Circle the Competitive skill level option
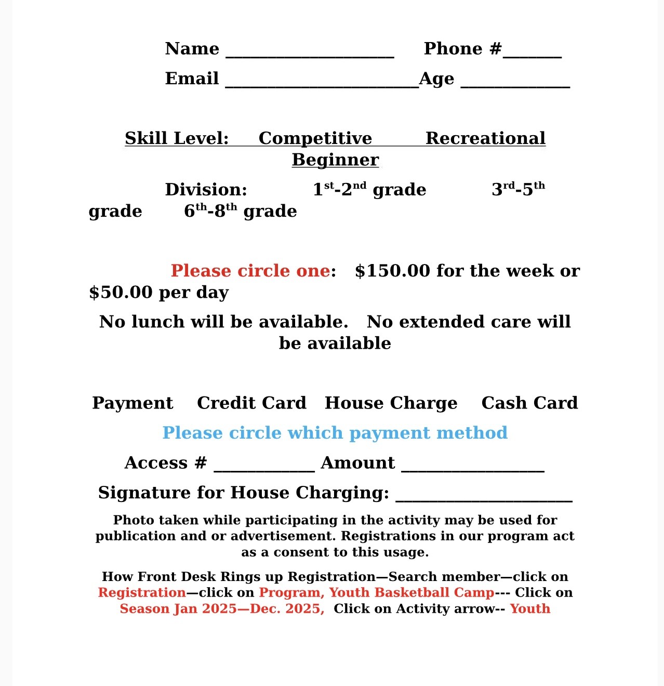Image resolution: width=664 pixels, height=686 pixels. (315, 138)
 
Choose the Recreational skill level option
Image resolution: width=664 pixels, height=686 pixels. (485, 138)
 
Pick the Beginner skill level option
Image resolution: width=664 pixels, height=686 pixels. (335, 160)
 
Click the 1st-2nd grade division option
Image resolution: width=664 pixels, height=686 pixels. (369, 190)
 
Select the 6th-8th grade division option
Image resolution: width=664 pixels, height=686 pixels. (241, 211)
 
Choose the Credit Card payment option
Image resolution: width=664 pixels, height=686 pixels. (251, 403)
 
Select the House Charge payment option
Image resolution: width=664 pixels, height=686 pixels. (391, 403)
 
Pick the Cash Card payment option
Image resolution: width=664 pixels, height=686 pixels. (529, 403)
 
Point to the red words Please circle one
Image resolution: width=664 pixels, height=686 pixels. (250, 271)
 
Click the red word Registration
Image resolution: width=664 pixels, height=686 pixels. (142, 592)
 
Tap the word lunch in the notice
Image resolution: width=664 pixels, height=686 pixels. (158, 322)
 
